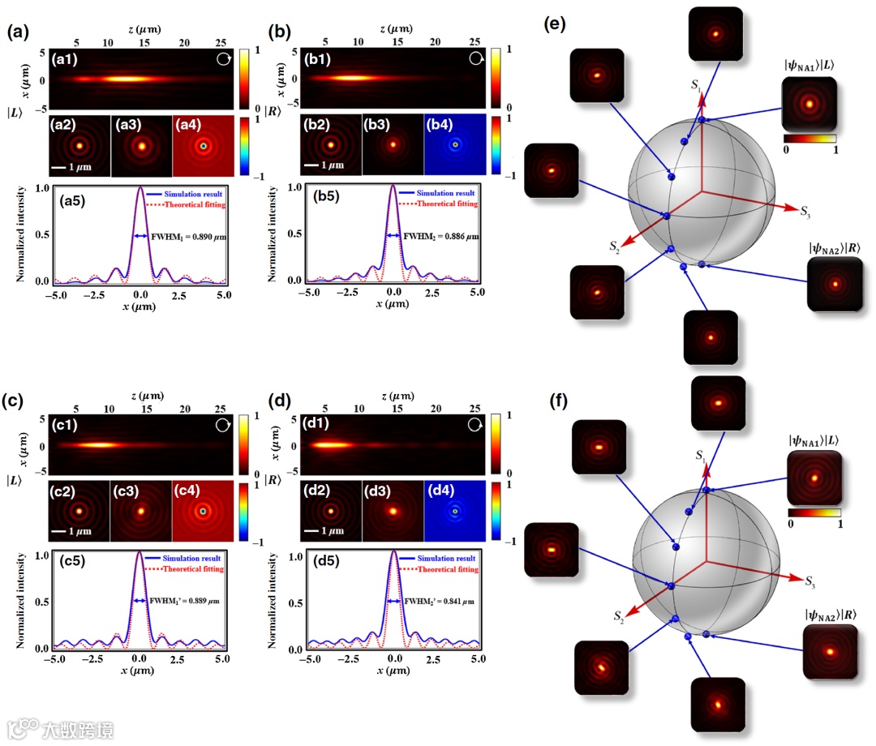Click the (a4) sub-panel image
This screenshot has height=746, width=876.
[203, 146]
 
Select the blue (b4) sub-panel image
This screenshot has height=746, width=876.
[455, 145]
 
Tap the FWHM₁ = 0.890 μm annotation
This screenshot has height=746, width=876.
[180, 237]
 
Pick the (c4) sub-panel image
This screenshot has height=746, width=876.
[203, 511]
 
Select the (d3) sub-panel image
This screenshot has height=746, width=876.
[393, 511]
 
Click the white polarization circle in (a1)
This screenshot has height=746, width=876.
[224, 59]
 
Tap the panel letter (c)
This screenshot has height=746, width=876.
[18, 400]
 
